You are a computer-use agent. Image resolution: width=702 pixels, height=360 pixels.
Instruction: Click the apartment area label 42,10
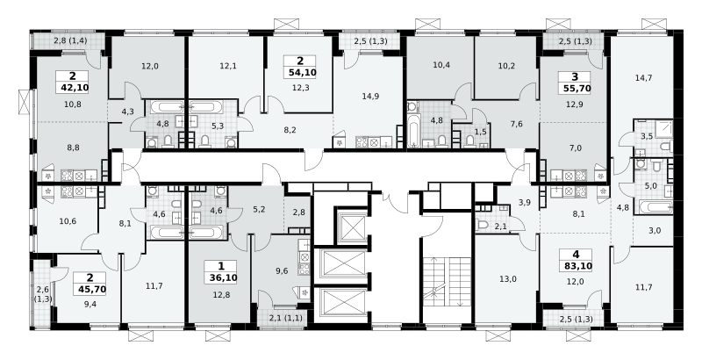tap(72, 88)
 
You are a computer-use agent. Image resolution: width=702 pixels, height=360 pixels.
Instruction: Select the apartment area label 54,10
tap(300, 72)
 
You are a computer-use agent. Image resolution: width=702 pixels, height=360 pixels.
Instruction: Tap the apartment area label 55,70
tap(575, 89)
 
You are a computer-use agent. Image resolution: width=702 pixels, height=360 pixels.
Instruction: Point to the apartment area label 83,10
tap(576, 266)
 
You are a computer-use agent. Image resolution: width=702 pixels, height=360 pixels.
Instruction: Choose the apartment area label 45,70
tap(90, 289)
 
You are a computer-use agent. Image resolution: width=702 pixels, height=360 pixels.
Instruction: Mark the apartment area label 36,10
tap(221, 277)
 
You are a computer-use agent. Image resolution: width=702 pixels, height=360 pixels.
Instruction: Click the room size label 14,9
tap(371, 96)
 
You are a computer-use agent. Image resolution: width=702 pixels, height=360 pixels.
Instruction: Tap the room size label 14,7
tap(643, 77)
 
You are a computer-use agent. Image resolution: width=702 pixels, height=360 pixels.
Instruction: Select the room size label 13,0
tap(508, 279)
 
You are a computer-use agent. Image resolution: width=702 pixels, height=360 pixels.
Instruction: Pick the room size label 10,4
tap(441, 65)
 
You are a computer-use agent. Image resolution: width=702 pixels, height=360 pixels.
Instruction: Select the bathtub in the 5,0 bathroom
tap(655, 207)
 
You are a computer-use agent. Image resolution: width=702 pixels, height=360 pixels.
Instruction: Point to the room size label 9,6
tap(282, 270)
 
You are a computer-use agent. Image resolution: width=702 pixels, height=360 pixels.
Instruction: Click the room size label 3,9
tap(524, 203)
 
